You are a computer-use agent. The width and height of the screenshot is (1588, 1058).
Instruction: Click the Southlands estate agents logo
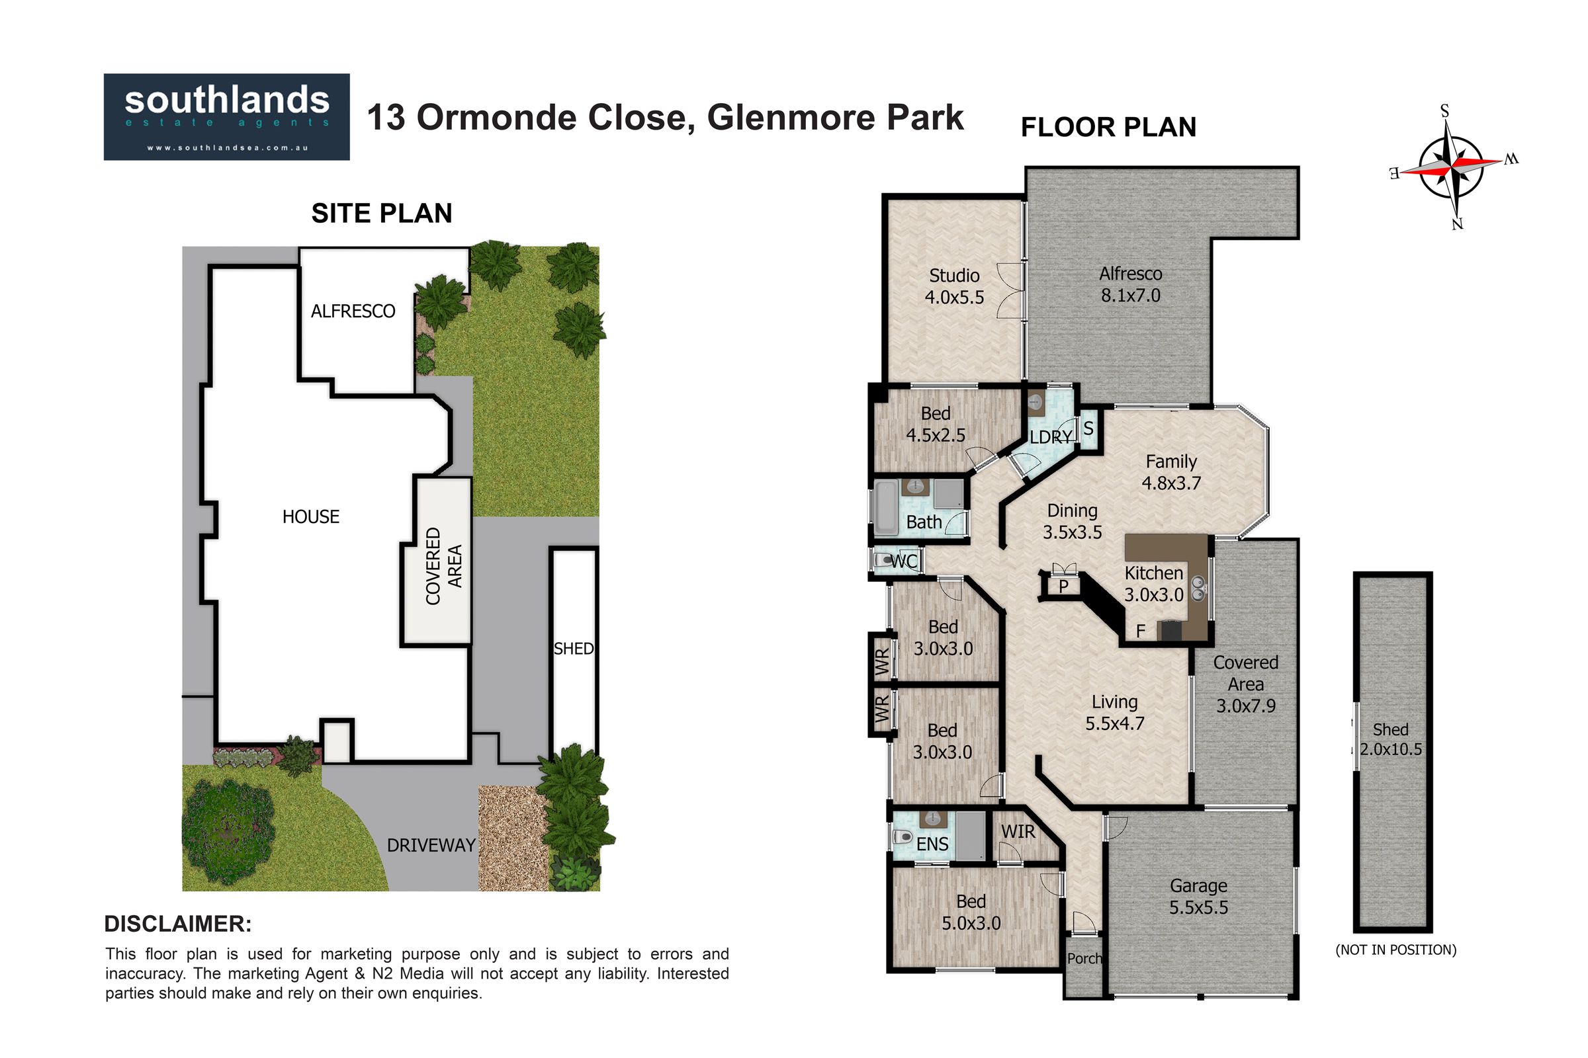pyautogui.click(x=226, y=117)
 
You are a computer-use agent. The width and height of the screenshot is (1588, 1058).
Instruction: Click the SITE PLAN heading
pyautogui.click(x=382, y=213)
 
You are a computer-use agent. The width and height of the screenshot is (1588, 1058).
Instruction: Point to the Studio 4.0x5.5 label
pyautogui.click(x=954, y=286)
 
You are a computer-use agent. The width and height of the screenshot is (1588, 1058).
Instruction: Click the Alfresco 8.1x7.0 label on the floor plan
pyautogui.click(x=1130, y=284)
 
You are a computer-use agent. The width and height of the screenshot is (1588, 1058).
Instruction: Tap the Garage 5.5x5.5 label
pyautogui.click(x=1198, y=896)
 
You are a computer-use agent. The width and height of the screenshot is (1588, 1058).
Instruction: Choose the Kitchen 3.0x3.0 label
pyautogui.click(x=1153, y=584)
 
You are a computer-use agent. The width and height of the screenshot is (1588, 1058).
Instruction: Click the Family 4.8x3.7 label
pyautogui.click(x=1170, y=471)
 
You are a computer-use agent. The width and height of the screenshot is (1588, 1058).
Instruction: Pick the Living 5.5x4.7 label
pyautogui.click(x=1115, y=713)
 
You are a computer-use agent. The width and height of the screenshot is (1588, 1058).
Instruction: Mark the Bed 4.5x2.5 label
pyautogui.click(x=935, y=425)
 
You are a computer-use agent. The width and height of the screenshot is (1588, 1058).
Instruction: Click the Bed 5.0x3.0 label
pyautogui.click(x=971, y=913)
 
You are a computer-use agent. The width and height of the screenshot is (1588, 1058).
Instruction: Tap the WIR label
pyautogui.click(x=1018, y=832)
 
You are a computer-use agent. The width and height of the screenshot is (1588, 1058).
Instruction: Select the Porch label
pyautogui.click(x=1084, y=959)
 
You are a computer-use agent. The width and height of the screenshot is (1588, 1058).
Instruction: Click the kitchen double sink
pyautogui.click(x=1198, y=589)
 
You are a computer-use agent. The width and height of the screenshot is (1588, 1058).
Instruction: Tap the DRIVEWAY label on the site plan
pyautogui.click(x=431, y=845)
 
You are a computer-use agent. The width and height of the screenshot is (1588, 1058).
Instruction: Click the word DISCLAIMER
pyautogui.click(x=178, y=924)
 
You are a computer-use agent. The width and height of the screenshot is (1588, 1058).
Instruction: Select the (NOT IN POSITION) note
pyautogui.click(x=1395, y=950)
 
